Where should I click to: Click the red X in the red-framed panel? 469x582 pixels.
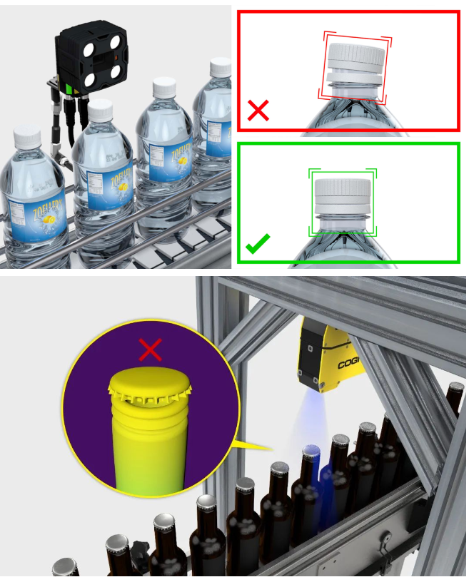coord(258,111)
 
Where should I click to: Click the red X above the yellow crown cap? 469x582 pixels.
coord(150,349)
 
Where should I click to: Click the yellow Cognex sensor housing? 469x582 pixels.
coord(328,353)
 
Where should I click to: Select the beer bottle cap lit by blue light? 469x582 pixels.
coord(311,452)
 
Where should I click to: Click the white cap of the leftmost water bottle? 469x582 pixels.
coord(27,138)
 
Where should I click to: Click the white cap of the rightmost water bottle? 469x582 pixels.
coord(221,68)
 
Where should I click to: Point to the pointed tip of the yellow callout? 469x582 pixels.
coord(271,449)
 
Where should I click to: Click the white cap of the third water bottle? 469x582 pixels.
coord(165,88)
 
